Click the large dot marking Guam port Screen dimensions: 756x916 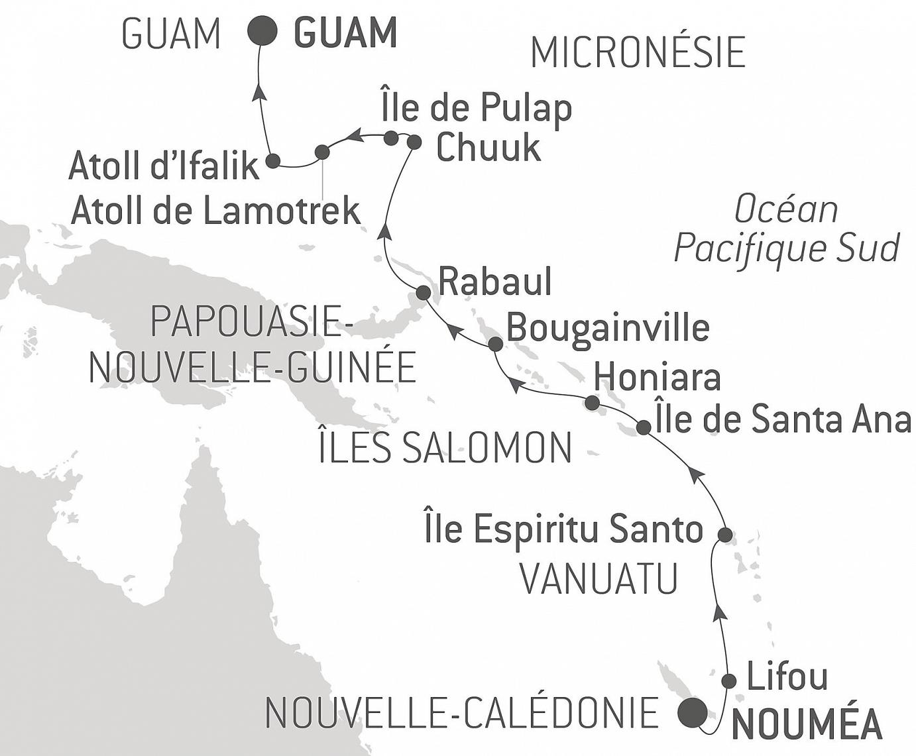260,31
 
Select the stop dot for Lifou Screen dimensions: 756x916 728,680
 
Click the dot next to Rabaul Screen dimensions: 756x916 423,292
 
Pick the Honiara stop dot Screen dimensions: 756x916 593,402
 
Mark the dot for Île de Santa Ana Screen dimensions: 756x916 643,427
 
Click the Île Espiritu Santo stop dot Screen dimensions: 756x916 725,534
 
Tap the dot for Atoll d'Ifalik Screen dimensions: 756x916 272,160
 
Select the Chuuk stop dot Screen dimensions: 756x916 414,142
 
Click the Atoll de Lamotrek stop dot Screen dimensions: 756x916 322,152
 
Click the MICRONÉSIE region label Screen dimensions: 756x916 638,53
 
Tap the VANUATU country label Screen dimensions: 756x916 599,578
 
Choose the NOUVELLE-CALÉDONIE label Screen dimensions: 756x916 461,713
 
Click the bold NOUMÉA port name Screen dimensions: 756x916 807,724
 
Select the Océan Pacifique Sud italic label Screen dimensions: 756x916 786,229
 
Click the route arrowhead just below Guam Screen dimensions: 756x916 259,92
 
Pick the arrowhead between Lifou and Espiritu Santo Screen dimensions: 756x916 719,613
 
